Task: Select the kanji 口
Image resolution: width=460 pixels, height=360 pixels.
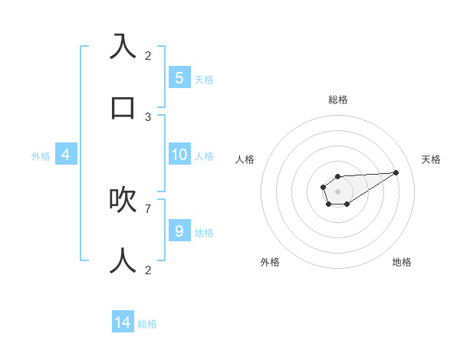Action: click(123, 107)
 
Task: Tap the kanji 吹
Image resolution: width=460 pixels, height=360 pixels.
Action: click(123, 200)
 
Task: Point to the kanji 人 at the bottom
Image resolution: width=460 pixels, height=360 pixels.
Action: click(123, 261)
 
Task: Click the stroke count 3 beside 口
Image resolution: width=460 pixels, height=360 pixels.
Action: click(148, 117)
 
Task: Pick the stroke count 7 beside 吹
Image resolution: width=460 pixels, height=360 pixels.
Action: click(148, 208)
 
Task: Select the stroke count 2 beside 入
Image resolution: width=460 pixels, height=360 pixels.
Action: click(148, 55)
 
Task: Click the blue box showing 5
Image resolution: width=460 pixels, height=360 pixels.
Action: click(179, 77)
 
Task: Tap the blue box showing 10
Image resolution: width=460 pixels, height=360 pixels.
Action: click(179, 155)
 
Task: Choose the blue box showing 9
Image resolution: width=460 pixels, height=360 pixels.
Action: click(179, 231)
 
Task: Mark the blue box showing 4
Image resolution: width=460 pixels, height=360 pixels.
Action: click(66, 155)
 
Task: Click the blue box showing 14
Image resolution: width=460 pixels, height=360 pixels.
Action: click(123, 322)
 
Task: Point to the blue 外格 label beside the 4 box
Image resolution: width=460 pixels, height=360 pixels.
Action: click(41, 156)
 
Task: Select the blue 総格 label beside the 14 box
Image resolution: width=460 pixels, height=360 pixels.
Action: click(147, 324)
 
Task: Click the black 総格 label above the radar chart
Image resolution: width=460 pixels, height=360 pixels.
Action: click(338, 100)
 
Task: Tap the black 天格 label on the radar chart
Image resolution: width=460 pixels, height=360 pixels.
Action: click(432, 159)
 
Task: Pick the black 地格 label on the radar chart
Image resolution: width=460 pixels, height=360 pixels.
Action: click(402, 262)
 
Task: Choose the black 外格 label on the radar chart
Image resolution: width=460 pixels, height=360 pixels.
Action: click(270, 262)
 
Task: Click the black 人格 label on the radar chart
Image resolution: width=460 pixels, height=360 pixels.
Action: click(245, 159)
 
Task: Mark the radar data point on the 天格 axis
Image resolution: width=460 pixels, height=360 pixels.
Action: click(396, 172)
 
